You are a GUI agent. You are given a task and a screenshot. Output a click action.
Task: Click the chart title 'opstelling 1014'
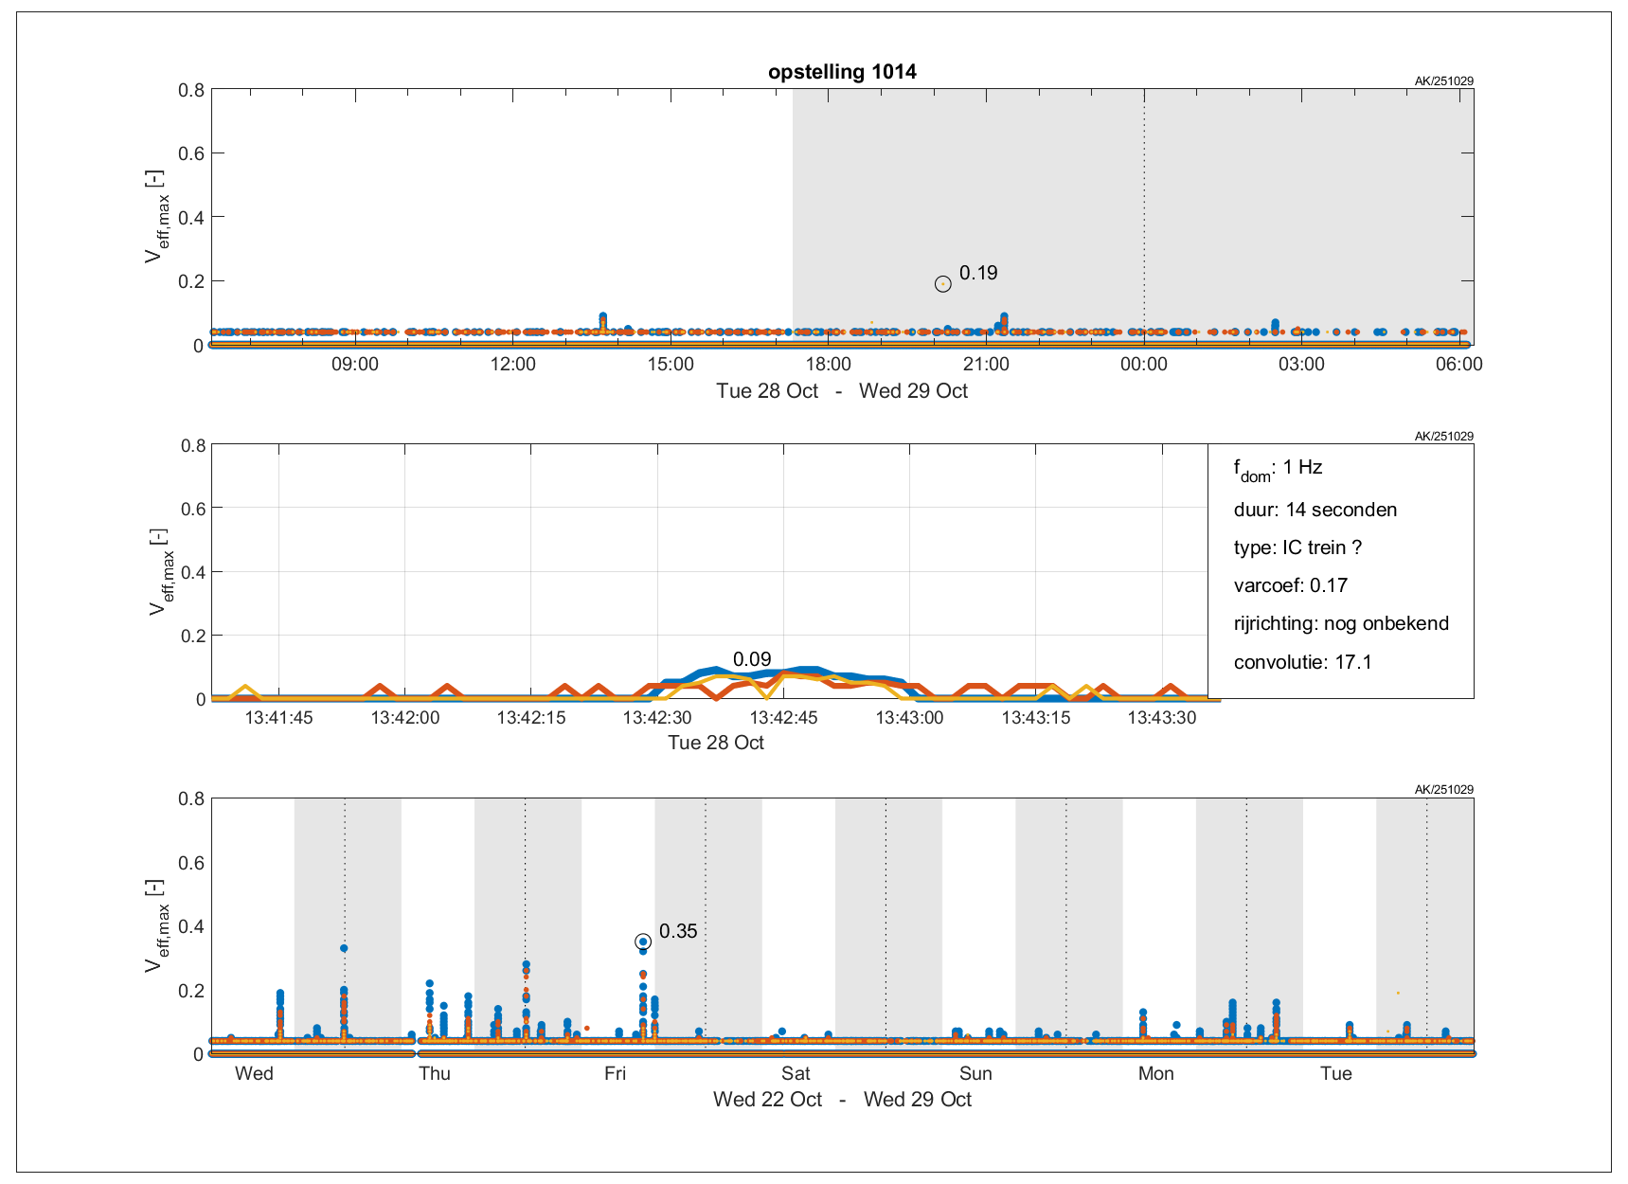coord(842,72)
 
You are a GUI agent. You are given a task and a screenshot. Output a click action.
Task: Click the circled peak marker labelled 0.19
coord(942,284)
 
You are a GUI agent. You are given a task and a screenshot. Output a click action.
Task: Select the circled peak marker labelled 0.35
coord(643,942)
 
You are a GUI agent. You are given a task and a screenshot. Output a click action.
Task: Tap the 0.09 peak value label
coord(752,659)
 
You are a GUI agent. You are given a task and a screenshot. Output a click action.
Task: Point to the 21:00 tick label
coord(986,365)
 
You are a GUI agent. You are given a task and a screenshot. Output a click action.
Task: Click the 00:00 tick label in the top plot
coord(1143,365)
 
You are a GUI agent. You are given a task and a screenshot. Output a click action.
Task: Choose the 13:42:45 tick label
coord(783,718)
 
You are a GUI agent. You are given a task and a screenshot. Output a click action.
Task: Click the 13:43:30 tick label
coord(1161,718)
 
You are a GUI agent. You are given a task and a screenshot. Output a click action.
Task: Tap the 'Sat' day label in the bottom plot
coord(796,1073)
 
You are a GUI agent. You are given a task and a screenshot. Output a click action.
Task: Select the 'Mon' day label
coord(1155,1073)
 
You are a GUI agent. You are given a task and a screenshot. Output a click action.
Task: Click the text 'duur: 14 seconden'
coord(1315,510)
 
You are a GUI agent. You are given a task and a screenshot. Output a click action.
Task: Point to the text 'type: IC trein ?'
coord(1297,547)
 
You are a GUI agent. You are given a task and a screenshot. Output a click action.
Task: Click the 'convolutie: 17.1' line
coord(1302,662)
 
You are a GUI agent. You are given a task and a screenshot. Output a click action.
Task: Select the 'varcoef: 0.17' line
coord(1290,585)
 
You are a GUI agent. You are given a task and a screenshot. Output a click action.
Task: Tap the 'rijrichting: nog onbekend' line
coord(1341,623)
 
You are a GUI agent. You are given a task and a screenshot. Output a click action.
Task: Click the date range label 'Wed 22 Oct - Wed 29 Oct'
coord(842,1100)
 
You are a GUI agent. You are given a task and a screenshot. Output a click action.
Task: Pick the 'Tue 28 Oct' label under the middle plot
coord(716,743)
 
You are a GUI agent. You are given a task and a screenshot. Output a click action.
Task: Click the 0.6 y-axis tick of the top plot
coord(191,153)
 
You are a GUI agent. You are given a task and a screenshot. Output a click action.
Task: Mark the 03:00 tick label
coord(1301,365)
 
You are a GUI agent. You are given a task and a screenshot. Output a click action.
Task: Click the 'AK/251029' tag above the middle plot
coord(1443,437)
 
